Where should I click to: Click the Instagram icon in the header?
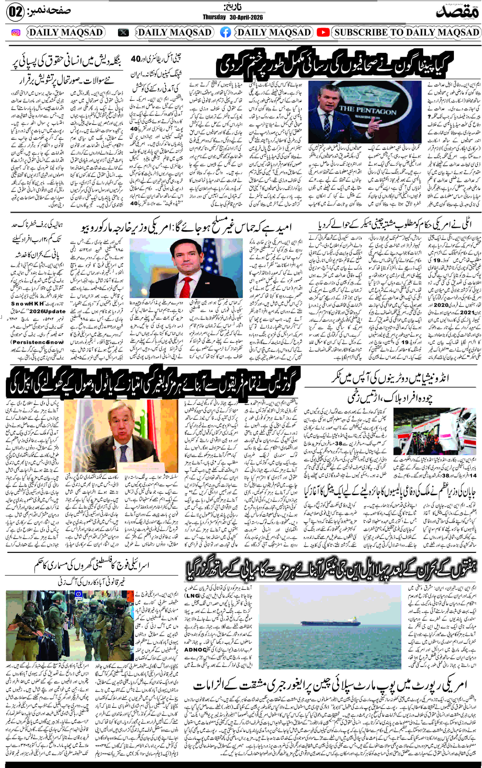[16, 33]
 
